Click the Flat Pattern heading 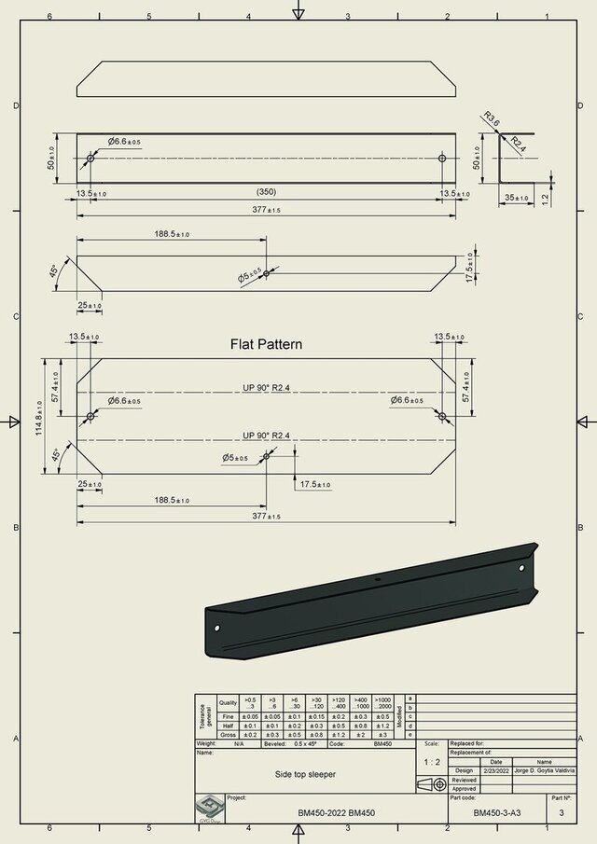266,344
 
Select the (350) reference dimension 267,192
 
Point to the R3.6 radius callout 492,119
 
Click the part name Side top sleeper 305,774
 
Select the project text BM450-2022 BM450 337,813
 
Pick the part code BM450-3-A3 496,813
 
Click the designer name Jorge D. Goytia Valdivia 544,770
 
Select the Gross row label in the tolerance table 226,735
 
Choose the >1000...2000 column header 382,702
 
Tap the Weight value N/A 240,744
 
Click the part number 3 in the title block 561,813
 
